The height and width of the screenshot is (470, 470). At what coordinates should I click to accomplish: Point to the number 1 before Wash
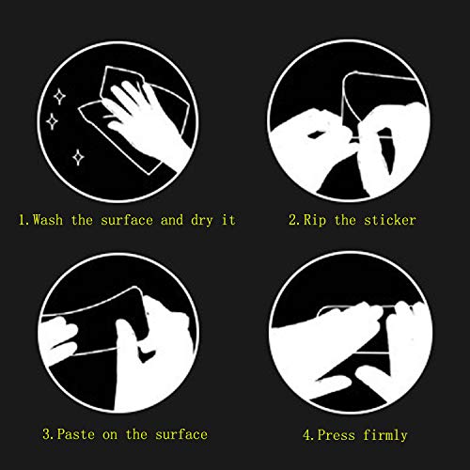click(23, 220)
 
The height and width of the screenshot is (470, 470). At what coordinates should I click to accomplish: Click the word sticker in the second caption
click(389, 220)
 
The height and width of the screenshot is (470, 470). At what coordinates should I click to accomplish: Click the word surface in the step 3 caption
click(178, 434)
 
